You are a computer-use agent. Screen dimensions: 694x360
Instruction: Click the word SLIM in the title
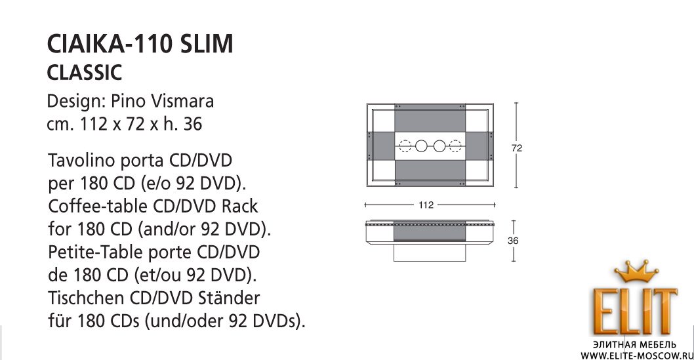tap(207, 44)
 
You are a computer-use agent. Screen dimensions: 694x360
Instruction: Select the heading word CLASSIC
tap(84, 73)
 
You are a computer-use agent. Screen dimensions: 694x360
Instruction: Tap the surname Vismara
tap(183, 101)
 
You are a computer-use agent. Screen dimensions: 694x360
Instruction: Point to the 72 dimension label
tap(516, 148)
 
